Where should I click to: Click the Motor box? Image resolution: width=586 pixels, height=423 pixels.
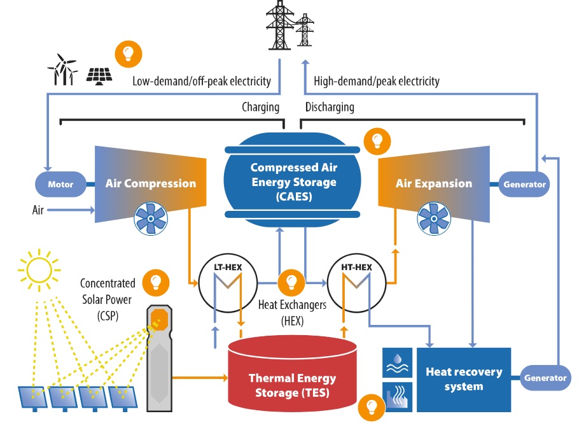click(61, 185)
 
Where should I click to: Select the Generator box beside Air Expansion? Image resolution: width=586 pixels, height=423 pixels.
click(524, 185)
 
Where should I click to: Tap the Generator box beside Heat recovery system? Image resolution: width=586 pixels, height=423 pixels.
click(545, 378)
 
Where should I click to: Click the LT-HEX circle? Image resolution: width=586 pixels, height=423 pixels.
click(227, 282)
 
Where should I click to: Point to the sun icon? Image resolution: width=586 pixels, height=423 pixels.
click(38, 269)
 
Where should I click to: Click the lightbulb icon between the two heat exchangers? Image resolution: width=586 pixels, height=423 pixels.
click(291, 280)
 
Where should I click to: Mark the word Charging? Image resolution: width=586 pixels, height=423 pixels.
click(260, 107)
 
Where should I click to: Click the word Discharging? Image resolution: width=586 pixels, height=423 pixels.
click(330, 107)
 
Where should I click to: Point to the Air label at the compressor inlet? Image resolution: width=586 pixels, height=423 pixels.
click(38, 210)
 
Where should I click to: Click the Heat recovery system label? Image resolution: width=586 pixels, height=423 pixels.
click(464, 379)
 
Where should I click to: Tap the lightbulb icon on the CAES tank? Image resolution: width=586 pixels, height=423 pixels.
click(376, 140)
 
